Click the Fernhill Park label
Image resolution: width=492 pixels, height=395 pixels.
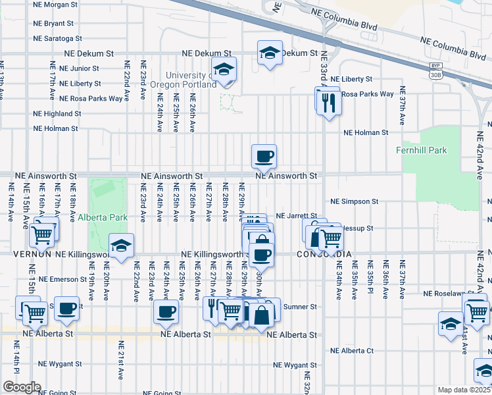click(x=422, y=150)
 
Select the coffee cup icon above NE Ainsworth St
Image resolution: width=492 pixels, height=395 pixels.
click(x=264, y=157)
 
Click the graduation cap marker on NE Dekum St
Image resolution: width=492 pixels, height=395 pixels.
click(x=270, y=53)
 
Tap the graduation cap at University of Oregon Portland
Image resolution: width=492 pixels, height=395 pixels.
click(x=224, y=69)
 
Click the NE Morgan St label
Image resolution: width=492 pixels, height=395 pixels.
click(x=58, y=5)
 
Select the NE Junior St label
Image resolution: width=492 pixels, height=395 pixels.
click(x=74, y=68)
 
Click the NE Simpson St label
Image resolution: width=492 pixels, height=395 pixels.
click(x=355, y=201)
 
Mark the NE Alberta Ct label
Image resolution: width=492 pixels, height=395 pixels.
click(x=352, y=350)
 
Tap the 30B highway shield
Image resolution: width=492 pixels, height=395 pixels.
click(x=435, y=74)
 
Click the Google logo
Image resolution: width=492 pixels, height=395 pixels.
click(x=21, y=387)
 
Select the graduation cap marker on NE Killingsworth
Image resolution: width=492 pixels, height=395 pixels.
click(x=121, y=246)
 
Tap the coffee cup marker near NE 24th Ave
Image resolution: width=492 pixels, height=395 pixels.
click(x=165, y=311)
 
